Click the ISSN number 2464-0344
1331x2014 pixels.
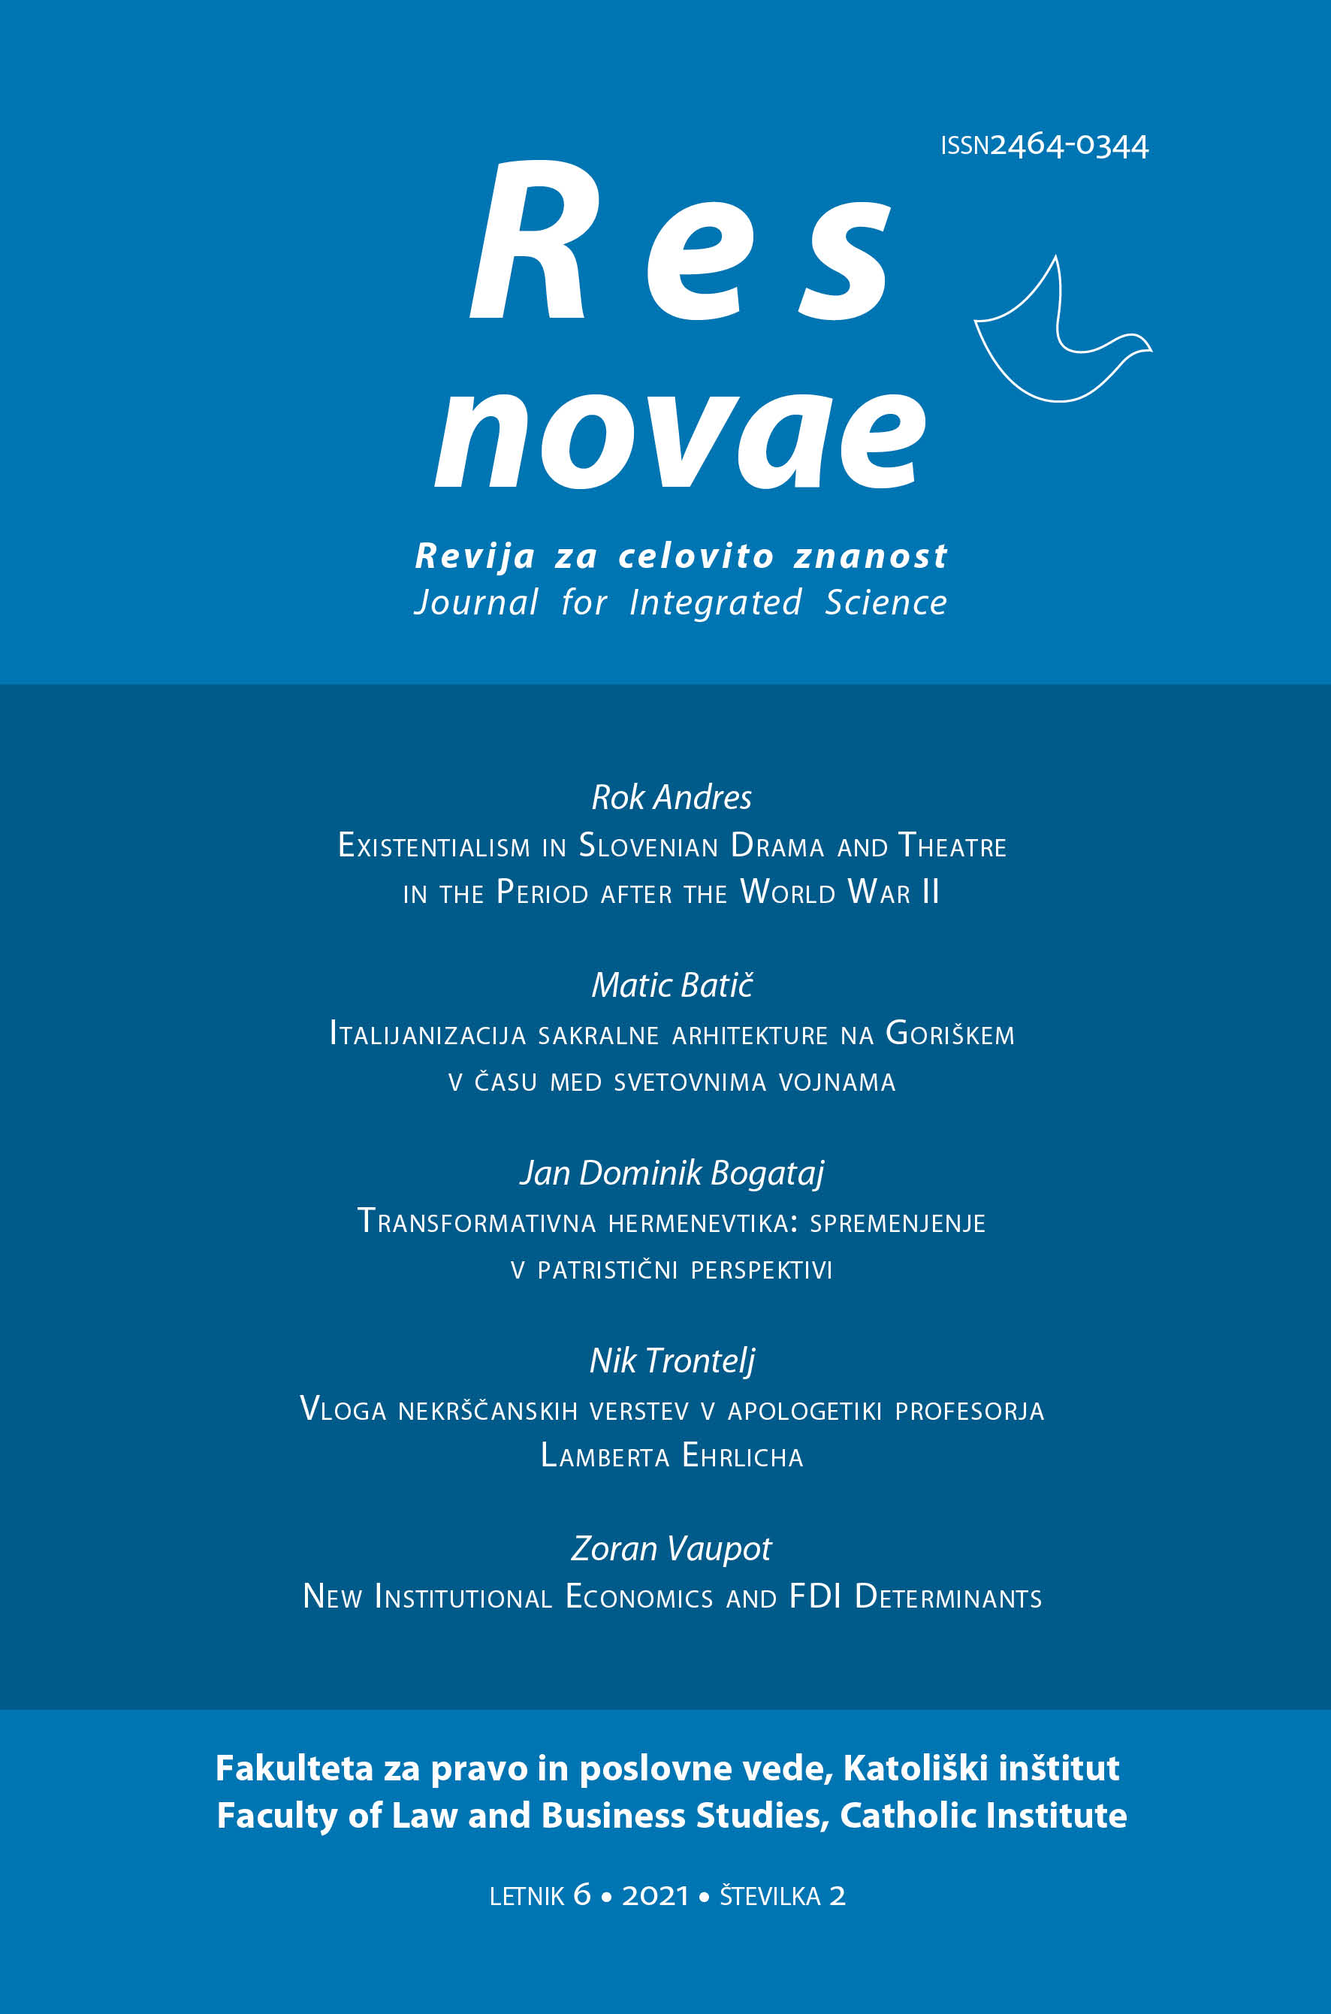[1069, 146]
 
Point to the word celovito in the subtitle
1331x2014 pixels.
[696, 557]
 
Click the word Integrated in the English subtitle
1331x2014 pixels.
[716, 602]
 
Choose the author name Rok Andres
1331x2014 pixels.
[672, 798]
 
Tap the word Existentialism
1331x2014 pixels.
[433, 846]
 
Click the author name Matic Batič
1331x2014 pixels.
[672, 986]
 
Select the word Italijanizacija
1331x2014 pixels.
[427, 1034]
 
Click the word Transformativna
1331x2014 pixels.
[476, 1222]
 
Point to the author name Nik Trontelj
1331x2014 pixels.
[672, 1361]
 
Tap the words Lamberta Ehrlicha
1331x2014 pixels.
[672, 1457]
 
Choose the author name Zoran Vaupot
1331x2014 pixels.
[672, 1549]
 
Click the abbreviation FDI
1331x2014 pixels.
[814, 1596]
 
